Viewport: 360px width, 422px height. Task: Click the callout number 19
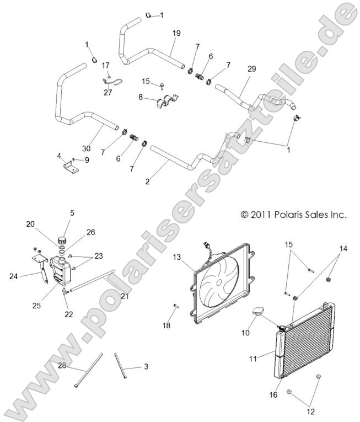pyautogui.click(x=176, y=34)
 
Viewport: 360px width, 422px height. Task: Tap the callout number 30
pyautogui.click(x=86, y=148)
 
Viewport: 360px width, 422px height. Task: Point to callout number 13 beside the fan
pyautogui.click(x=177, y=257)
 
